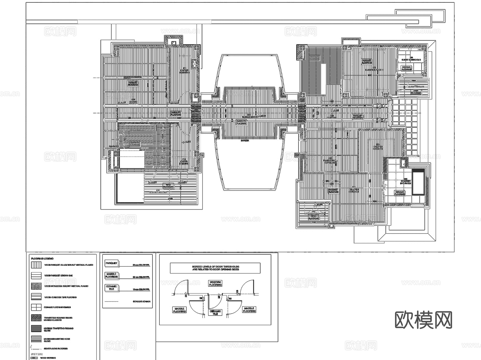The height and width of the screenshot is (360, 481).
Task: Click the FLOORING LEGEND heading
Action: pos(42,259)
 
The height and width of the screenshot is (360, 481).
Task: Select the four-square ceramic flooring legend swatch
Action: pos(36,307)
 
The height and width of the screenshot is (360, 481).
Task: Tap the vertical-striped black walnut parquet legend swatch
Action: pos(36,265)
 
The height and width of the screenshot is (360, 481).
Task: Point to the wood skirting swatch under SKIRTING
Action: pos(34,358)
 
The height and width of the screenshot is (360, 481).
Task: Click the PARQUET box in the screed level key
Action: pos(111,263)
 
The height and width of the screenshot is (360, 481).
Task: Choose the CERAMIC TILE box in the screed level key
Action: pos(111,288)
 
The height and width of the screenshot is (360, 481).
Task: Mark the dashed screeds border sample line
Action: pos(111,301)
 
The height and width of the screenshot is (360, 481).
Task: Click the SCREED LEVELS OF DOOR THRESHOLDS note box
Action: pos(215,268)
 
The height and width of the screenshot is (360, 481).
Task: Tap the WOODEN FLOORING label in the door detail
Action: pos(215,283)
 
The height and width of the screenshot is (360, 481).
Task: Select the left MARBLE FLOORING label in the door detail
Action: pos(179,310)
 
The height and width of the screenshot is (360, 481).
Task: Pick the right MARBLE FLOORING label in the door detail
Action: pos(249,310)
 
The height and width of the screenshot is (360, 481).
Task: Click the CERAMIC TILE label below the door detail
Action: pos(215,312)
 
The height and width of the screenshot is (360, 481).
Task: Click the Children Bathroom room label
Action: pos(405,182)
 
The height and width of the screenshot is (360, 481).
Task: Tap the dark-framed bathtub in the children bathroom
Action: pos(418,181)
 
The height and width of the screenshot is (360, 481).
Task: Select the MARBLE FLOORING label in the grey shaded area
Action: pos(314,57)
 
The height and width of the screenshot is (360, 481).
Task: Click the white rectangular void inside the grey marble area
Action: pos(323,79)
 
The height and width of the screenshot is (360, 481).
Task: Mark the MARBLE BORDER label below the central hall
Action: pos(245,139)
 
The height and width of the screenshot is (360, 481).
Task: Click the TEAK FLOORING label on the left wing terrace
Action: pos(168,186)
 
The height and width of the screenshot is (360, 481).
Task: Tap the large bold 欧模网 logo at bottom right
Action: pos(423,320)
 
